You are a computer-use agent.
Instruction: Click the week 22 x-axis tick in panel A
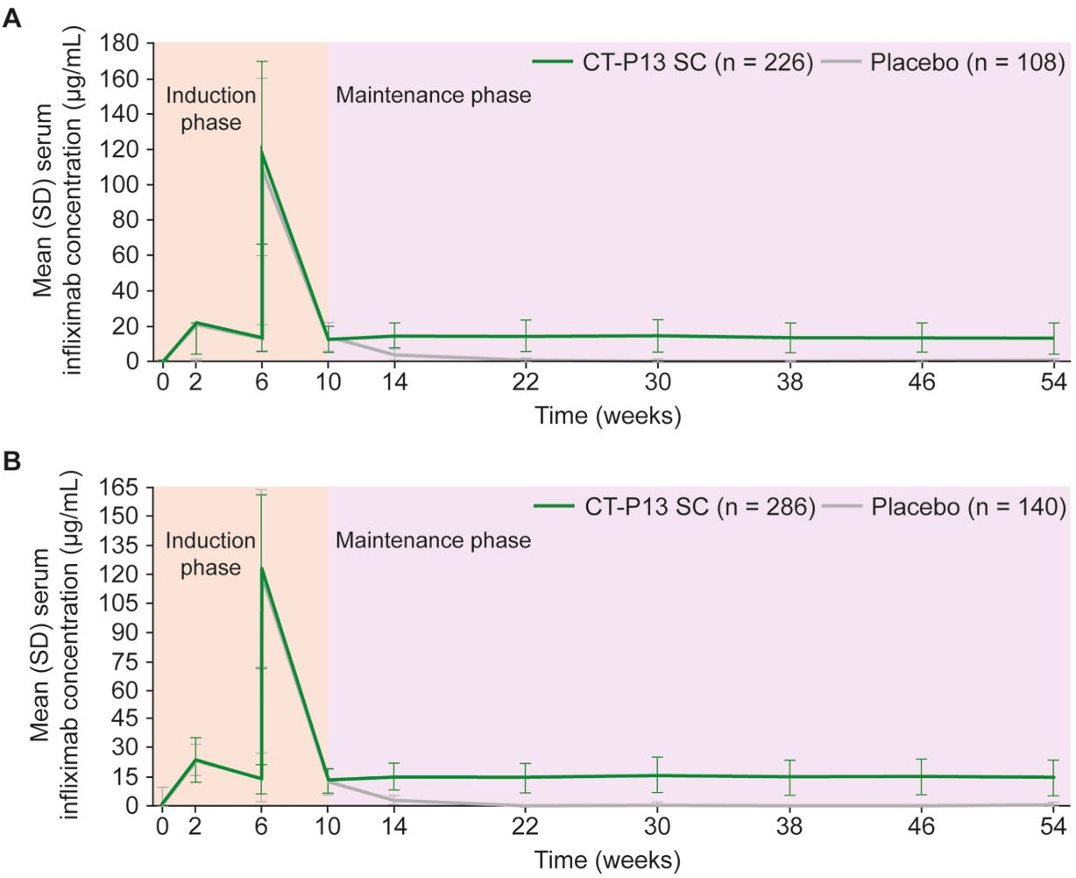tap(525, 382)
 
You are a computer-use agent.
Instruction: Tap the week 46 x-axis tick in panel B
tap(922, 826)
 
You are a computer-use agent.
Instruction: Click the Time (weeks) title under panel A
tap(608, 415)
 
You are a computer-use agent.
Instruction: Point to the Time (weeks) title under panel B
tap(608, 860)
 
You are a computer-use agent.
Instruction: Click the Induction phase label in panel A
tap(210, 108)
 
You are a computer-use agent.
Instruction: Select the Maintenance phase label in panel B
tap(434, 539)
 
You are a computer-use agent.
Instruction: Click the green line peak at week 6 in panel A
tap(261, 150)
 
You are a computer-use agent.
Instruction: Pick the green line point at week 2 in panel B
tap(195, 760)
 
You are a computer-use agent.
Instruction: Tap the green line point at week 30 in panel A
tap(657, 335)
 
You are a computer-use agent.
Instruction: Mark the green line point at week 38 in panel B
tap(789, 776)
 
